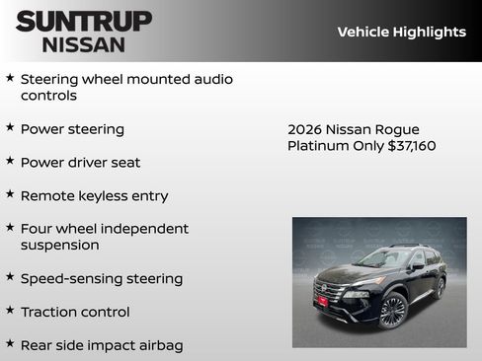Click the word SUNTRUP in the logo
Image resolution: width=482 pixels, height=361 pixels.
84,21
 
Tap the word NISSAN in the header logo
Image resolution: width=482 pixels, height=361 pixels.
84,44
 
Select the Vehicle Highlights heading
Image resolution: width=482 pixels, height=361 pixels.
401,32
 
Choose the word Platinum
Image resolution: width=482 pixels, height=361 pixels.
319,146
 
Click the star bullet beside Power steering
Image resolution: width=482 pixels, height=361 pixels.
10,127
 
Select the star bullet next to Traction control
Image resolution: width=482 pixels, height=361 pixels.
10,311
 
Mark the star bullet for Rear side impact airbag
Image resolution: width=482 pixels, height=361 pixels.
10,344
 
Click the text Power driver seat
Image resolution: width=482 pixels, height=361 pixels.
80,162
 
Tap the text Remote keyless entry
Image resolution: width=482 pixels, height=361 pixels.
94,195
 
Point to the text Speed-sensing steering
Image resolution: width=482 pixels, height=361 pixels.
101,278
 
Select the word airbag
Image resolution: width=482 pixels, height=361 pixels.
160,345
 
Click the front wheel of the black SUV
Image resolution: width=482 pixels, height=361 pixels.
392,311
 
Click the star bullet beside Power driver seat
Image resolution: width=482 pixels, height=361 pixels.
10,161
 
